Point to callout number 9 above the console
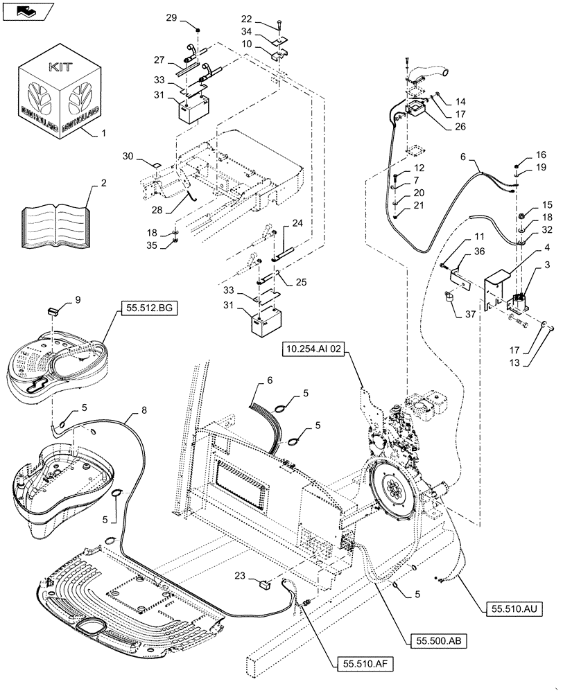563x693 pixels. (78, 300)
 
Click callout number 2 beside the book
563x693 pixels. (103, 184)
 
